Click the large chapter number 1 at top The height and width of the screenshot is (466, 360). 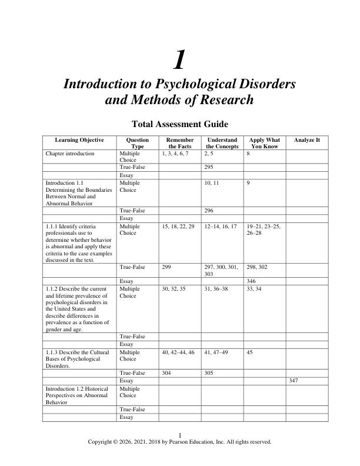[179, 60]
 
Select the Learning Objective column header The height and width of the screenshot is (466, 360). [79, 140]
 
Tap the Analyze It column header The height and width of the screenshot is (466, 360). [307, 140]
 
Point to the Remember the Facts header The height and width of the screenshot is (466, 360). [180, 143]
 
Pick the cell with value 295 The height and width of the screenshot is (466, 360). [209, 167]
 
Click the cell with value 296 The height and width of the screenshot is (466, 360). [209, 209]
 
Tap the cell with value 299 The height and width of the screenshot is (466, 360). [166, 267]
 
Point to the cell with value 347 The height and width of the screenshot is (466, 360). [294, 381]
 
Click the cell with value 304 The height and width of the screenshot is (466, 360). [166, 372]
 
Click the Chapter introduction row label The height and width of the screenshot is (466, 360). [70, 153]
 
